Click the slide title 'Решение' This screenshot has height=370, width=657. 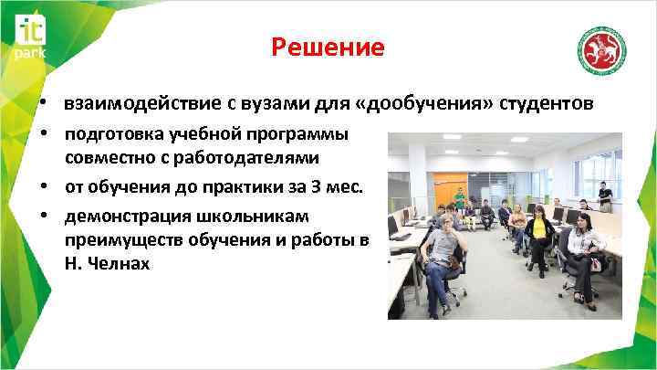click(x=328, y=47)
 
